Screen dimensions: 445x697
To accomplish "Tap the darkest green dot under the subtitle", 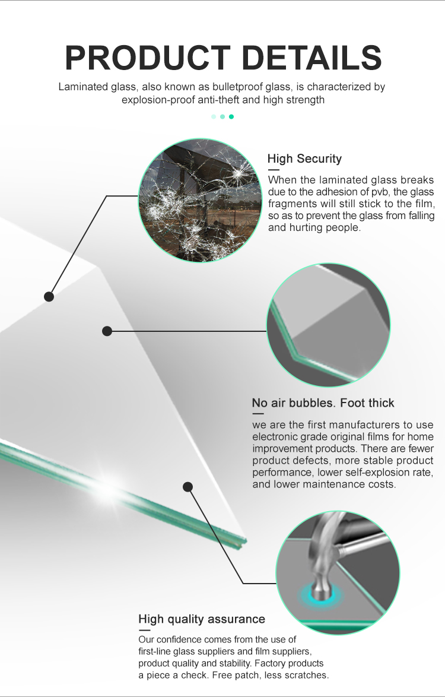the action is coord(231,116).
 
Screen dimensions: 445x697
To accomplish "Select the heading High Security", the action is coord(304,159).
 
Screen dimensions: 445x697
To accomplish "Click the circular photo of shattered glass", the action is coord(200,200).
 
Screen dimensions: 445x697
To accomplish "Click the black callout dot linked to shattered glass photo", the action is coord(49,296).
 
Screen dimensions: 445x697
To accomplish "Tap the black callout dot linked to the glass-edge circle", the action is coord(107,331).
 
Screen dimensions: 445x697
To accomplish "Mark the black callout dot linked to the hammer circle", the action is coord(188,487).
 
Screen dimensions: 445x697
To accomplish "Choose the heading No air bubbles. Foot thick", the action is coord(323,403).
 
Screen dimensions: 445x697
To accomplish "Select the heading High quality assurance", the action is coord(202,619).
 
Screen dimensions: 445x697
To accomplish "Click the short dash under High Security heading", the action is coord(274,169).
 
